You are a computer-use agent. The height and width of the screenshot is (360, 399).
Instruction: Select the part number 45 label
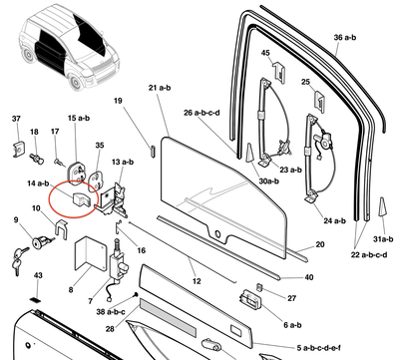266,53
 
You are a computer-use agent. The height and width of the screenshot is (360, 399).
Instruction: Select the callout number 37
16,120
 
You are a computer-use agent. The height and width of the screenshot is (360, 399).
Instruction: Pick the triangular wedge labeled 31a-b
381,206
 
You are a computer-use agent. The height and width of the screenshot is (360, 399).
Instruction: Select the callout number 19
117,102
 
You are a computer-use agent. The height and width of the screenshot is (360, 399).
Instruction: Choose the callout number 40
309,276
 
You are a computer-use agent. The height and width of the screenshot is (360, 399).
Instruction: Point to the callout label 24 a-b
336,219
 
